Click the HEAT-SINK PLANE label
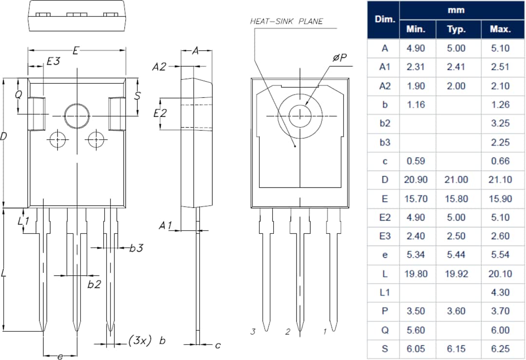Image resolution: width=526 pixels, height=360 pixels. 286,21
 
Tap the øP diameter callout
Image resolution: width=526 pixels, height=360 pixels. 339,58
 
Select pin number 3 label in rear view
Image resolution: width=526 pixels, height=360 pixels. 253,332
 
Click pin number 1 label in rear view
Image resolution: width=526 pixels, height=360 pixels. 325,332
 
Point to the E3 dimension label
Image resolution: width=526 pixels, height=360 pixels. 53,61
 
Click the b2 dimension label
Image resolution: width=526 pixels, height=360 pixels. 94,284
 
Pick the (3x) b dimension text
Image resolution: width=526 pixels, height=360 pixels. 147,341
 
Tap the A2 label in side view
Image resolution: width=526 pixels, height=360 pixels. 159,67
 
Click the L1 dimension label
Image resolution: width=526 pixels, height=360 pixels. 23,221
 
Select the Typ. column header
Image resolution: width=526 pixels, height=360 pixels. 456,29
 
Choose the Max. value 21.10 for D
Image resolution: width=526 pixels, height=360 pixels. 500,180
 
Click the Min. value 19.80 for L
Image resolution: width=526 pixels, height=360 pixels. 415,274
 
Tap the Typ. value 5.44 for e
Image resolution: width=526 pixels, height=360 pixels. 456,255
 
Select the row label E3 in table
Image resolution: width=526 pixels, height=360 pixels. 385,236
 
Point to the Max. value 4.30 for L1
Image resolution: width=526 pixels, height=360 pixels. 500,292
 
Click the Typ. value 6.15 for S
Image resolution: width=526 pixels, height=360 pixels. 456,349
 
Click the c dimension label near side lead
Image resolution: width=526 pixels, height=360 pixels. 218,345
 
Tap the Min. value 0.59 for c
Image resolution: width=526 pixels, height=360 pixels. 415,161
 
